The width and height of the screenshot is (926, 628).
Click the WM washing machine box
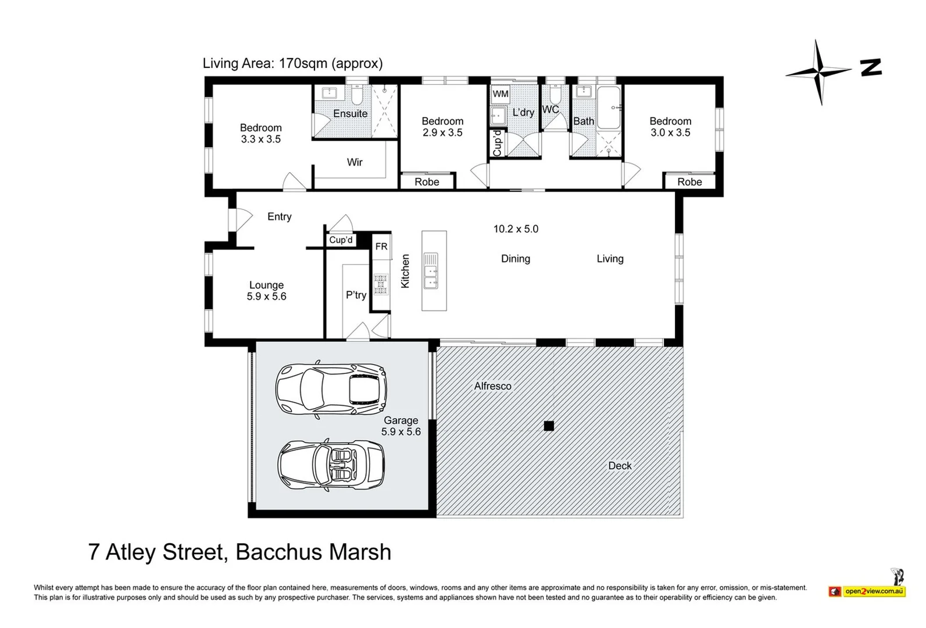click(500, 94)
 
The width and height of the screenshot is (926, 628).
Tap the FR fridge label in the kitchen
click(381, 247)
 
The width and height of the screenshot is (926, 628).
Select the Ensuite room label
click(350, 113)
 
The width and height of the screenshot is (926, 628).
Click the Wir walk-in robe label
click(355, 162)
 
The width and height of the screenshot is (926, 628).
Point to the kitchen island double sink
click(430, 271)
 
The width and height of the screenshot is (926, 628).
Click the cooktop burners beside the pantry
click(381, 284)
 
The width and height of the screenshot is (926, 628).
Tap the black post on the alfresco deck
click(549, 426)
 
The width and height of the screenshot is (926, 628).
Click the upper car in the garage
click(331, 388)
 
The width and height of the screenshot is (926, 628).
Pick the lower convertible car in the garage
click(331, 465)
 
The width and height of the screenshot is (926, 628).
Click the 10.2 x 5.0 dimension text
click(516, 229)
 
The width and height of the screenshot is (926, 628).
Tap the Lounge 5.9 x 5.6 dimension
click(266, 297)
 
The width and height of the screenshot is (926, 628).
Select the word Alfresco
click(492, 386)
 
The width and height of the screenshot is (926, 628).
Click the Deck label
click(620, 466)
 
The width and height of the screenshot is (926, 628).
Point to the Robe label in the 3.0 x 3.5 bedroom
click(689, 182)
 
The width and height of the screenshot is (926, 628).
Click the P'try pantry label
click(356, 295)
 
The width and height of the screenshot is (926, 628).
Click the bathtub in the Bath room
click(608, 108)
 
